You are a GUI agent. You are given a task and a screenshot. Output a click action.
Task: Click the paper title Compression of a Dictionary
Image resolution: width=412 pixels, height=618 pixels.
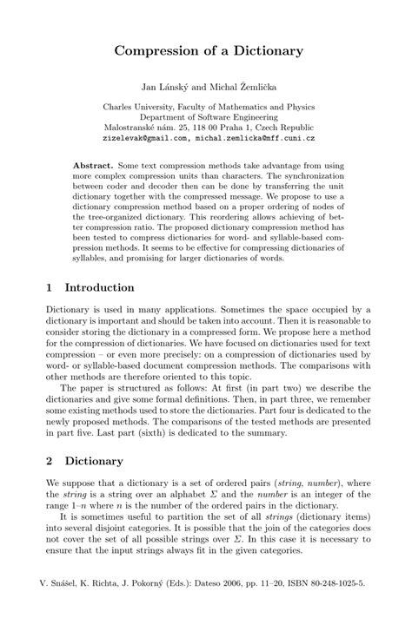pos(205,51)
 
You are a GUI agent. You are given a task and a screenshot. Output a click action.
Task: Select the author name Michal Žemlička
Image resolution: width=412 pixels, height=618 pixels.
pos(230,87)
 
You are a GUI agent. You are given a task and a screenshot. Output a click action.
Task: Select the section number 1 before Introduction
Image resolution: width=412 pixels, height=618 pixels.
pos(49,287)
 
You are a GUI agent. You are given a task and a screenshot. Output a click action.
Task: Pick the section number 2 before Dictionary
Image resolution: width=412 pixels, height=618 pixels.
pos(49,460)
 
